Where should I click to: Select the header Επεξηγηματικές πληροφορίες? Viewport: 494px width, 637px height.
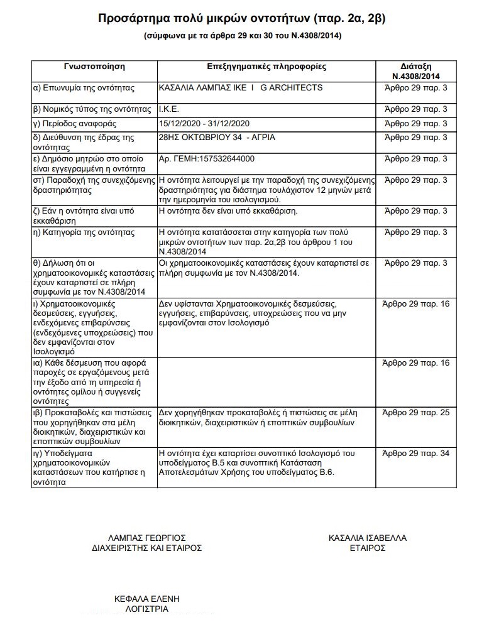[266, 66]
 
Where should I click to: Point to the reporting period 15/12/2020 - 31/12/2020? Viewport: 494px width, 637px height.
[205, 123]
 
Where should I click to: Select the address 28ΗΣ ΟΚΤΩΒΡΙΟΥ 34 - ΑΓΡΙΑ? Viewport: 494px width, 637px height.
[217, 137]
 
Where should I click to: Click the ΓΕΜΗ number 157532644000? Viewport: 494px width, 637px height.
[207, 158]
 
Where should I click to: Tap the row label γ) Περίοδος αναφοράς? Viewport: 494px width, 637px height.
[75, 123]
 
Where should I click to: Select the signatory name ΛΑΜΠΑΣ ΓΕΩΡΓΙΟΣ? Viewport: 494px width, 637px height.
[146, 538]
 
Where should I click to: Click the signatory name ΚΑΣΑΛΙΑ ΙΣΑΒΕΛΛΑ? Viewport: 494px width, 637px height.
[368, 538]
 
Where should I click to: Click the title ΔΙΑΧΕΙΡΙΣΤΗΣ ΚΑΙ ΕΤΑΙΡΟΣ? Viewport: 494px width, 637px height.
[146, 548]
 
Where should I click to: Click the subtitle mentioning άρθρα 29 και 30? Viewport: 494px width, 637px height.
[243, 36]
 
